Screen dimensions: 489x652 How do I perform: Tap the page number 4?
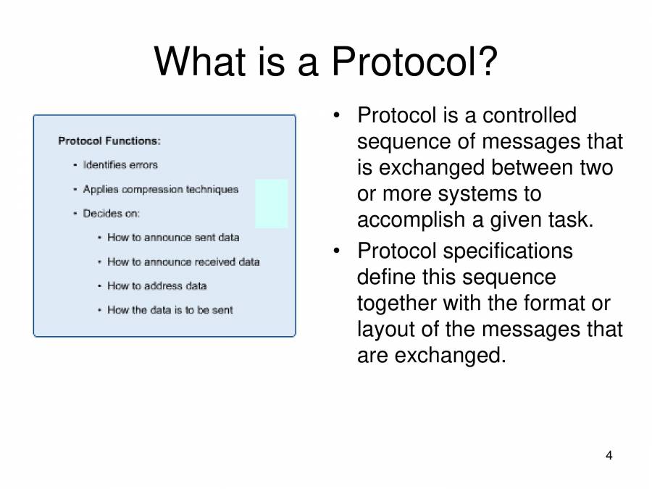609,456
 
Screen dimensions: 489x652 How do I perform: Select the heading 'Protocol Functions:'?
109,141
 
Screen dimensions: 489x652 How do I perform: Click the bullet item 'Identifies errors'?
120,165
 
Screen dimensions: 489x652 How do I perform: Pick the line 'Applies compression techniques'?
160,189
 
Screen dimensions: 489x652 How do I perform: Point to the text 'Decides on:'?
112,213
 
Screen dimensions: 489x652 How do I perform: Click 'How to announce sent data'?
173,238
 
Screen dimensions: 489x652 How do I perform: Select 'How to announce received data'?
183,262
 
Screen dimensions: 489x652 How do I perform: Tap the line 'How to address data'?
157,285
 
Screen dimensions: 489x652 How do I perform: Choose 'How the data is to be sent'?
170,310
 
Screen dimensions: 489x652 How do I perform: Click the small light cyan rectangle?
272,204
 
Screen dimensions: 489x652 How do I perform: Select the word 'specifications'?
508,251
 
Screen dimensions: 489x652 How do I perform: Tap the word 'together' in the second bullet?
399,303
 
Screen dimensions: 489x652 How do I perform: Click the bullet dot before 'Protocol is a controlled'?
337,116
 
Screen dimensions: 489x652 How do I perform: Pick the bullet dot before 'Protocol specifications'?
337,251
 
